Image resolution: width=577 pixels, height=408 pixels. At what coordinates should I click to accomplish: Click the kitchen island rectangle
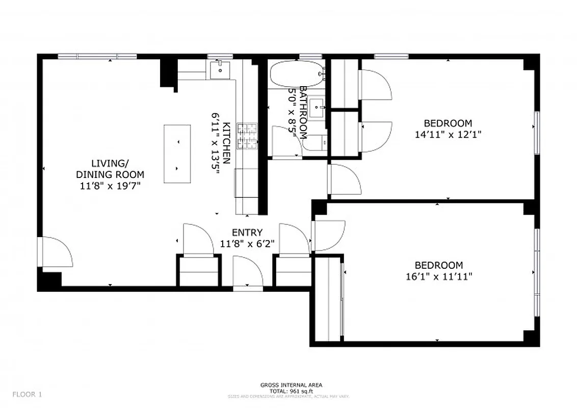coord(177,154)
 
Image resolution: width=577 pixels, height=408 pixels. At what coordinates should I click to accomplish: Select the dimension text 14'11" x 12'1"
coord(448,134)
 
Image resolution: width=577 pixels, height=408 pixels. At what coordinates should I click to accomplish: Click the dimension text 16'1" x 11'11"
coord(438,276)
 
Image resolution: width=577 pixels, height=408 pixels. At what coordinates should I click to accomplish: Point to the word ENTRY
coord(247,233)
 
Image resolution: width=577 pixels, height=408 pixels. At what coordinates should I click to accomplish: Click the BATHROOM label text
coord(303,112)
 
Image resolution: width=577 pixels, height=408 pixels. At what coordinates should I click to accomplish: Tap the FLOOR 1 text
coord(28,394)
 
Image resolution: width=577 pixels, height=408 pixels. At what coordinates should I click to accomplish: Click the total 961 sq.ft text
coord(291,391)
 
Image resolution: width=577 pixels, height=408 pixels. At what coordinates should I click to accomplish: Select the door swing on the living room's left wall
coord(56,252)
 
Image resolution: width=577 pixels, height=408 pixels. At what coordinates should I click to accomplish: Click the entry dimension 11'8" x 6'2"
coord(247,244)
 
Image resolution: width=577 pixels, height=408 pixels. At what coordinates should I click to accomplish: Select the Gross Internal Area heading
coord(291,385)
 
